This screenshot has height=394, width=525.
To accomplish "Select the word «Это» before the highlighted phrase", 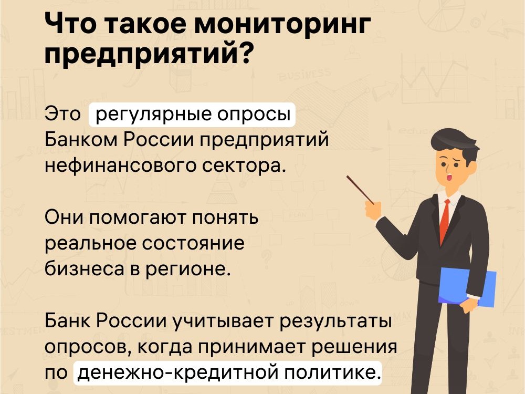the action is [x=62, y=114].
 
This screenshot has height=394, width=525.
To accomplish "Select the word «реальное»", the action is [x=90, y=244].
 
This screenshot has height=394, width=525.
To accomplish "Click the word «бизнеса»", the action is [x=85, y=269].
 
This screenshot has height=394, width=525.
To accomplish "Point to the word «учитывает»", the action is [x=223, y=322].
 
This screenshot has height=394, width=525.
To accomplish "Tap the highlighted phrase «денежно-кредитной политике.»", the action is [x=228, y=373].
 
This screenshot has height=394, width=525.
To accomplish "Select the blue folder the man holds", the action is [x=467, y=287].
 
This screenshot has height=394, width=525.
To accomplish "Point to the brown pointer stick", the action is [x=360, y=190].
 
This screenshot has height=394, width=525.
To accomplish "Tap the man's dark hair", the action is [x=455, y=142].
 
